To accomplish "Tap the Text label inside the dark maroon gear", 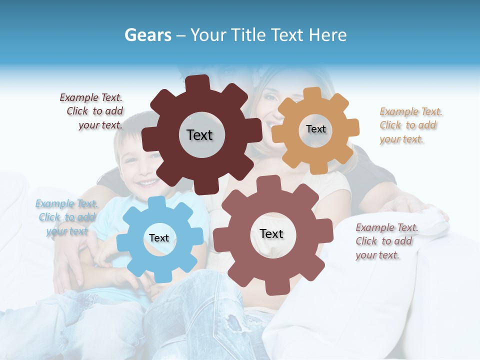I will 199,135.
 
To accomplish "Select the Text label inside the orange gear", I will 315,129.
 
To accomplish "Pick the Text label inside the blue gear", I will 158,238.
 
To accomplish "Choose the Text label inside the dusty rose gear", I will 271,233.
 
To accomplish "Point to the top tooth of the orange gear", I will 313,93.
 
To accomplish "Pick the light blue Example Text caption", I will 66,217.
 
